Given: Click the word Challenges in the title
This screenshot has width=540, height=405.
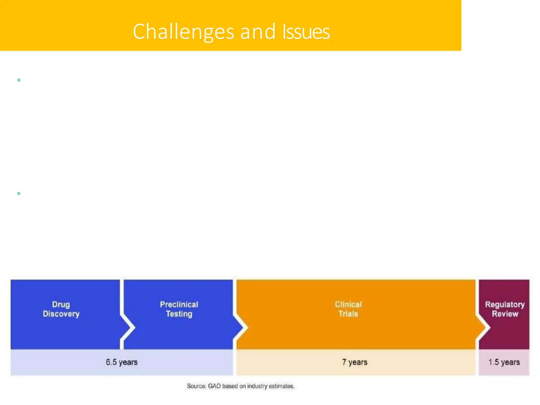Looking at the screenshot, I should click(x=183, y=32).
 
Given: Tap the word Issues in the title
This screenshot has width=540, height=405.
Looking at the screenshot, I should click(x=306, y=32).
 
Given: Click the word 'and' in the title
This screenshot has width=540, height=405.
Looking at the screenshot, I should click(x=258, y=32).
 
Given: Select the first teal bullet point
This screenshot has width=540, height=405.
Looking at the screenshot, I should click(x=19, y=80).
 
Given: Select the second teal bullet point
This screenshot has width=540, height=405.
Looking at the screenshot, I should click(x=19, y=193).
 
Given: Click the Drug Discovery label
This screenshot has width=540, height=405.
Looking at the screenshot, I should click(x=61, y=309).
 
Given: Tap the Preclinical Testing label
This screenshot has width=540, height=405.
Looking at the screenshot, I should click(x=179, y=309).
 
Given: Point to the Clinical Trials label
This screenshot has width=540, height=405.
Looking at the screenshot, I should click(x=348, y=309).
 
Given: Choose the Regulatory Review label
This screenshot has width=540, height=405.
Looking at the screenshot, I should click(x=505, y=309).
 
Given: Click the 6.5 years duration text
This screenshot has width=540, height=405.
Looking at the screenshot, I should click(x=122, y=362).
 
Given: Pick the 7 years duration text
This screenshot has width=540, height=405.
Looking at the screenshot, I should click(x=355, y=362).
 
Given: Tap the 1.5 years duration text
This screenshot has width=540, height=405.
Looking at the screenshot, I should click(x=504, y=362).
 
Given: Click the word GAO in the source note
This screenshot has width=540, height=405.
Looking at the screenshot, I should click(x=214, y=386).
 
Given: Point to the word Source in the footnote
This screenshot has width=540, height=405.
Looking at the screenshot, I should click(x=196, y=386).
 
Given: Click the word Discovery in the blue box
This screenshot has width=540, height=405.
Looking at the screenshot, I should click(x=61, y=314).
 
